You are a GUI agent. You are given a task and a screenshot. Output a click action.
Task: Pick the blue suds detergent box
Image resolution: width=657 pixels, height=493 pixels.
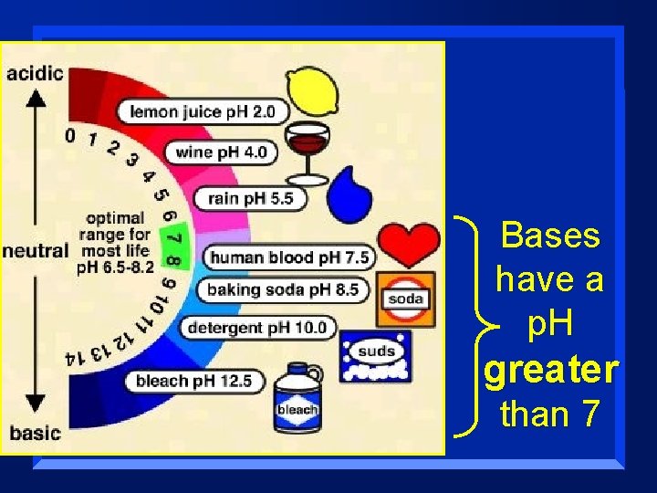tap(376, 356)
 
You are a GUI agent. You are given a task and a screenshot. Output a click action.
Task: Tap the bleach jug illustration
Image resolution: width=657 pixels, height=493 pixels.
tap(297, 398)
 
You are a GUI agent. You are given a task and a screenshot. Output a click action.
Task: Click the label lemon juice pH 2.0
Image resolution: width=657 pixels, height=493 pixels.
tap(202, 112)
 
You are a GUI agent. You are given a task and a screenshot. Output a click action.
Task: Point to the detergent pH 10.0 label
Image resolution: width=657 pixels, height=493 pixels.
tap(256, 327)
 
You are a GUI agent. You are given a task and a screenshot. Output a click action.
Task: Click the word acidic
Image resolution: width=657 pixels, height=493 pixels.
tap(35, 72)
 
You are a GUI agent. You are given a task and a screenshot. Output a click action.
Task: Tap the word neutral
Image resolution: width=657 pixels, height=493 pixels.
tap(36, 250)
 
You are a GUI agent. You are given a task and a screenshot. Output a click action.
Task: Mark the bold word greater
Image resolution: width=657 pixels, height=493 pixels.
tap(551, 371)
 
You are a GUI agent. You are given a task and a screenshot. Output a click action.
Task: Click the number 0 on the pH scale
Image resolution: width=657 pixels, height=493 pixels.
tap(70, 136)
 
